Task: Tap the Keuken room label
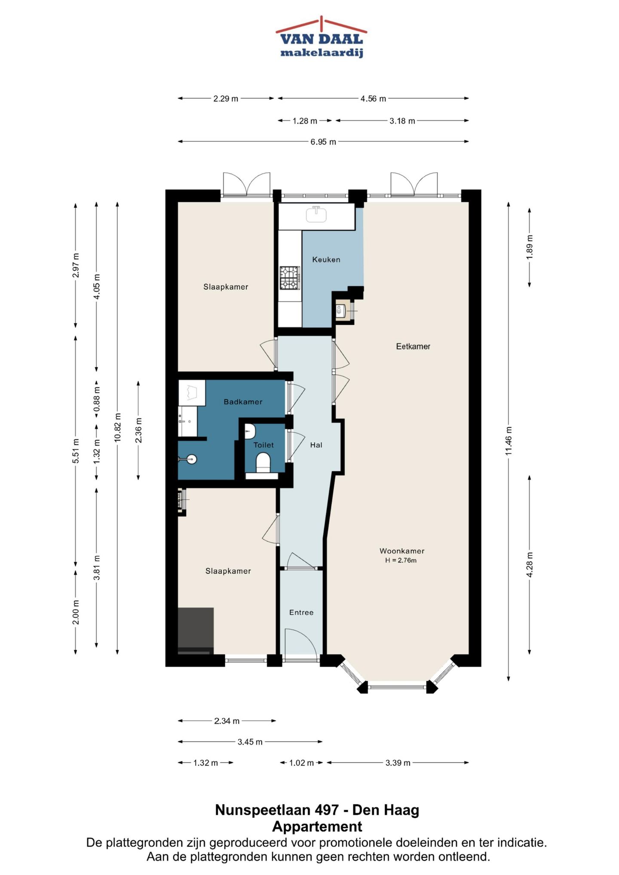coord(326,260)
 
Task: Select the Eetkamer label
coord(413,346)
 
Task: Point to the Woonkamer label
coord(402,551)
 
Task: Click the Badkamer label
coord(243,402)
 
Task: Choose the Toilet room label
coord(264,445)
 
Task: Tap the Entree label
coord(301,612)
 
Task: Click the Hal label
coord(316,445)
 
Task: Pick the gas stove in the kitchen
coord(290,278)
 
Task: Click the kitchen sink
coord(316,214)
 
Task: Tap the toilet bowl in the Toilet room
coord(263,463)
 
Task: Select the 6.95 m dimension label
coord(323,142)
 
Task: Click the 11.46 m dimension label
coord(509,441)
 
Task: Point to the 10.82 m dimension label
coord(118,427)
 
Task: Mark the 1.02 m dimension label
coord(301,763)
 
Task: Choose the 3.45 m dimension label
coord(250,742)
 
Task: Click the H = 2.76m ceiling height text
coord(401,560)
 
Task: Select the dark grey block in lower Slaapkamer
coord(196,631)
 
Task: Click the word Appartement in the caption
coord(317,826)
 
